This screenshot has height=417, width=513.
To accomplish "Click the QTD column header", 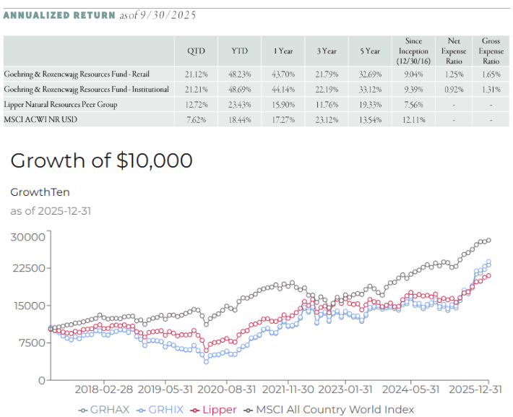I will click(196, 51).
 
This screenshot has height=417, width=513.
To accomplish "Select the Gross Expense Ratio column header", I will click(491, 51).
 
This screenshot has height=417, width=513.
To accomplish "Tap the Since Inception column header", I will click(413, 51).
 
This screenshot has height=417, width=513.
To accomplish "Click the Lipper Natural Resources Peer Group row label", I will click(61, 104).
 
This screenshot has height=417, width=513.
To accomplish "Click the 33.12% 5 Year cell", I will click(370, 89).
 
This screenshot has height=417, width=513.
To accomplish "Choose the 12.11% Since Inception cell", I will click(413, 119).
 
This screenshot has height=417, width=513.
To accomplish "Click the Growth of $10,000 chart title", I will click(102, 160).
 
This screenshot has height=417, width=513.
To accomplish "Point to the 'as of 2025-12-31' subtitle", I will click(51, 211).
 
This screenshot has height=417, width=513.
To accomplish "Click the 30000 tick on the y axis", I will click(30, 236).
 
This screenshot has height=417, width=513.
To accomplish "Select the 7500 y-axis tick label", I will click(33, 343).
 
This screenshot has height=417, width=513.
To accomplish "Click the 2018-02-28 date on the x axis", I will click(104, 389).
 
